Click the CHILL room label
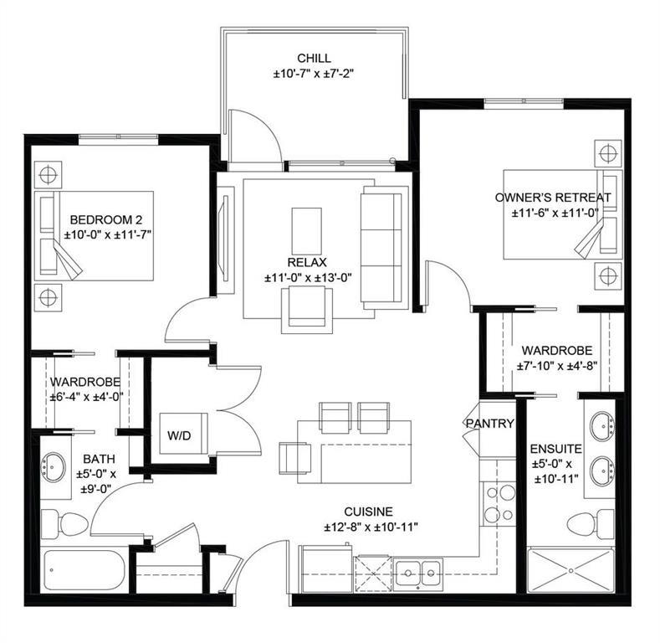click(314, 59)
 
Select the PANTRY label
click(489, 424)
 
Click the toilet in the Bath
click(63, 523)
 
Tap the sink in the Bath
click(55, 466)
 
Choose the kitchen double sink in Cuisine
click(418, 574)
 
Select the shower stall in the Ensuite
click(572, 569)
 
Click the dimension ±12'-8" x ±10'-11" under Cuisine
click(371, 527)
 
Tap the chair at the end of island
click(294, 457)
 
